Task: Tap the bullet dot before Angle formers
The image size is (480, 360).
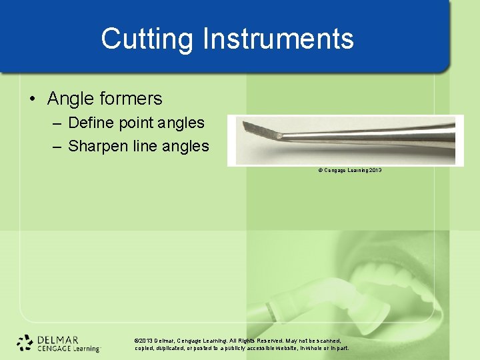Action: click(33, 99)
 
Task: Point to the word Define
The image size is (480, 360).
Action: click(92, 123)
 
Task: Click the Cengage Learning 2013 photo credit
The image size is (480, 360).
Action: click(349, 171)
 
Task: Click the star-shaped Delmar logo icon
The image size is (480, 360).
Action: click(25, 343)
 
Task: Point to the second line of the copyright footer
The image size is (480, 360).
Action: click(241, 348)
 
